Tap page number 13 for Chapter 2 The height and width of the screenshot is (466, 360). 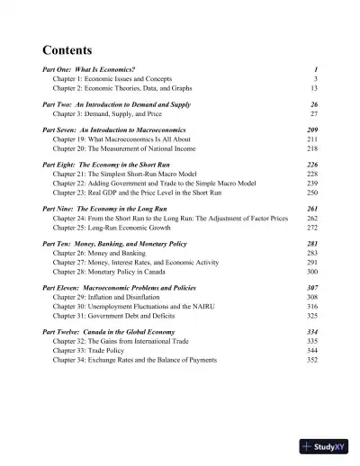point(314,89)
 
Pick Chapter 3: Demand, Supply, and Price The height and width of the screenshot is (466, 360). point(110,114)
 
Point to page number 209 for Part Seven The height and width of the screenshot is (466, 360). point(312,130)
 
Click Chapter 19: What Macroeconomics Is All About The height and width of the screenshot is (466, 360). point(123,140)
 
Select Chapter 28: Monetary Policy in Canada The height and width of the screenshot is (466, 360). point(110,271)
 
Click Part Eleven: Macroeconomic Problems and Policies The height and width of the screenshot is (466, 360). point(124,287)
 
